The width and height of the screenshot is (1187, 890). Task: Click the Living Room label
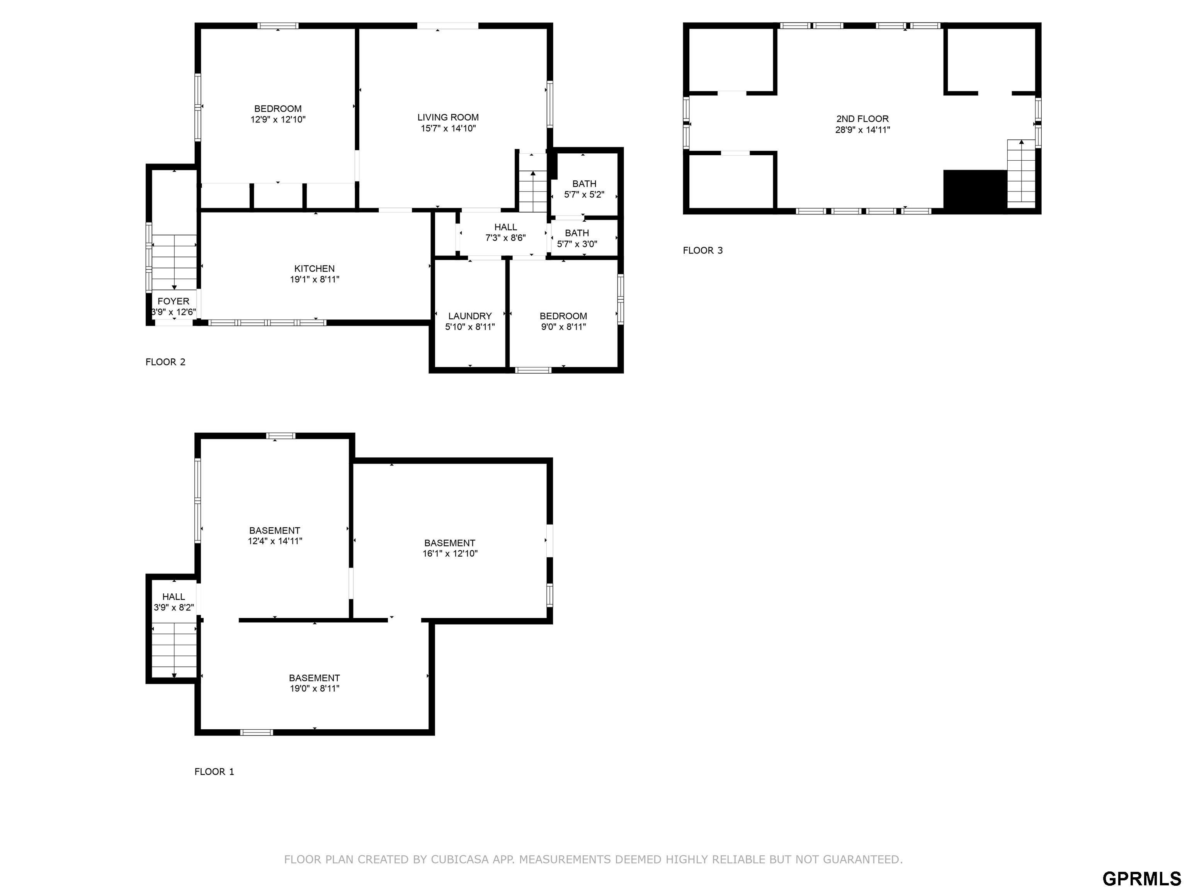click(x=448, y=117)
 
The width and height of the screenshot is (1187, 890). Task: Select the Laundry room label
click(x=470, y=316)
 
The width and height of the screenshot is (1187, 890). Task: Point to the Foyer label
click(x=173, y=301)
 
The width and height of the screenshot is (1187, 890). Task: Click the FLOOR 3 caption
click(x=703, y=251)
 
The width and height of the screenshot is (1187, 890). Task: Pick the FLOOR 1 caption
click(x=214, y=772)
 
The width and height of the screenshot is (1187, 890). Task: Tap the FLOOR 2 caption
click(x=165, y=362)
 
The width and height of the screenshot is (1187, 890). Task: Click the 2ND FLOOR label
click(x=862, y=119)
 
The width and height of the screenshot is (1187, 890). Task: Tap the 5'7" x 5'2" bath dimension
click(x=584, y=195)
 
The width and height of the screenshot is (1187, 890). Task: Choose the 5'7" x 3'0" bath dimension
click(x=577, y=244)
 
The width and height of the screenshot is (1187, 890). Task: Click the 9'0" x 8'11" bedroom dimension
click(x=563, y=327)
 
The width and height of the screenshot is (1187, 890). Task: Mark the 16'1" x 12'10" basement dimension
click(x=450, y=554)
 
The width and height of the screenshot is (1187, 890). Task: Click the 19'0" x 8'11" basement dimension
click(x=315, y=689)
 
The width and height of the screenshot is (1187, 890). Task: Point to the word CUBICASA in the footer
click(x=460, y=859)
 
